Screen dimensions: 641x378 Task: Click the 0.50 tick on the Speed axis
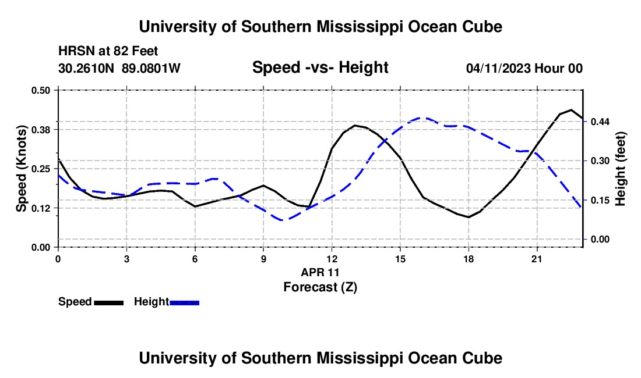[40, 90]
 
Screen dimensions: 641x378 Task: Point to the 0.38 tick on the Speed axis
[40, 130]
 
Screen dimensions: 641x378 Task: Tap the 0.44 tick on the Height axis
[600, 122]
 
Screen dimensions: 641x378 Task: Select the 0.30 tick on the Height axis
[600, 161]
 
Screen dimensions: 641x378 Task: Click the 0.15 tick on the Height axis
[600, 200]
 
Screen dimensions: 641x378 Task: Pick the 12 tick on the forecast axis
[332, 259]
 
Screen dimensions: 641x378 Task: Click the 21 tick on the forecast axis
[537, 259]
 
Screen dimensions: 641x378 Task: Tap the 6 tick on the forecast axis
[195, 259]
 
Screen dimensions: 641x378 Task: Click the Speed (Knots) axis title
[21, 169]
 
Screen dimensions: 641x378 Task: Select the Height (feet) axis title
[621, 169]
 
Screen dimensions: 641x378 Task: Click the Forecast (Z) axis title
[320, 287]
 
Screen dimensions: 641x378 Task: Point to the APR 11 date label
[320, 272]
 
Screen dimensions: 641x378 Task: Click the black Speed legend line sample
[109, 302]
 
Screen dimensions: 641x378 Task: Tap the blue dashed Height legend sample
[184, 302]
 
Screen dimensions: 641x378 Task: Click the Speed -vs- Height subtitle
[320, 67]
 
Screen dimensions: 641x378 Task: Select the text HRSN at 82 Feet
[108, 51]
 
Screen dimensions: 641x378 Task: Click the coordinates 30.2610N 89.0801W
[119, 68]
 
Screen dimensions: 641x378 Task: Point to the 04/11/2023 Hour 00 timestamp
[524, 68]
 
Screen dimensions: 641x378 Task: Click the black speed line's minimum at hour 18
[469, 217]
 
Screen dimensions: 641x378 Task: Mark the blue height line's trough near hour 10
[283, 220]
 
